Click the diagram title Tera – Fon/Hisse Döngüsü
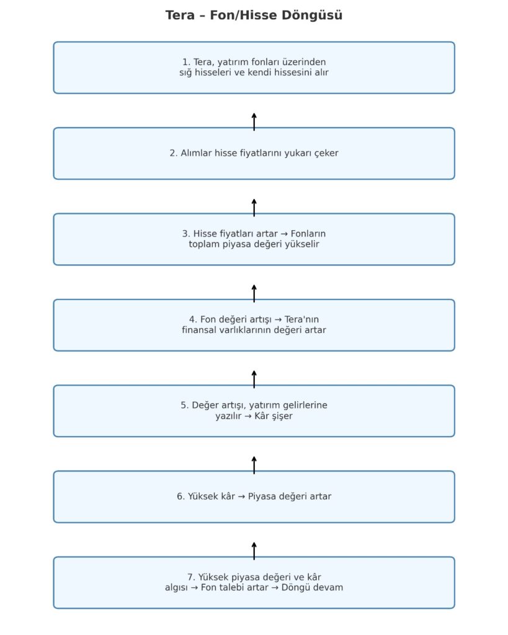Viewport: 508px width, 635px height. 254,16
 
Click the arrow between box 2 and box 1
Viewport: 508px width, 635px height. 254,122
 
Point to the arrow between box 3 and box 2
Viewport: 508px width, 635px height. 254,208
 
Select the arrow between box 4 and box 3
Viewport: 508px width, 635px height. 254,293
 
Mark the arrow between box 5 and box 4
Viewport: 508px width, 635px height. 254,380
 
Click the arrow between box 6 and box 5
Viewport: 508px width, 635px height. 254,465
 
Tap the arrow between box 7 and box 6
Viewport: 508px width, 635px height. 254,551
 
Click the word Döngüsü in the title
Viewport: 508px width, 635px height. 312,16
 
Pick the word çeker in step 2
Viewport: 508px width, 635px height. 326,154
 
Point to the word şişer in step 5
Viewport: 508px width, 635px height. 283,416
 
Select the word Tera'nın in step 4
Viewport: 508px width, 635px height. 301,319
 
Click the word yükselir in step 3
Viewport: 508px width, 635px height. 303,244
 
